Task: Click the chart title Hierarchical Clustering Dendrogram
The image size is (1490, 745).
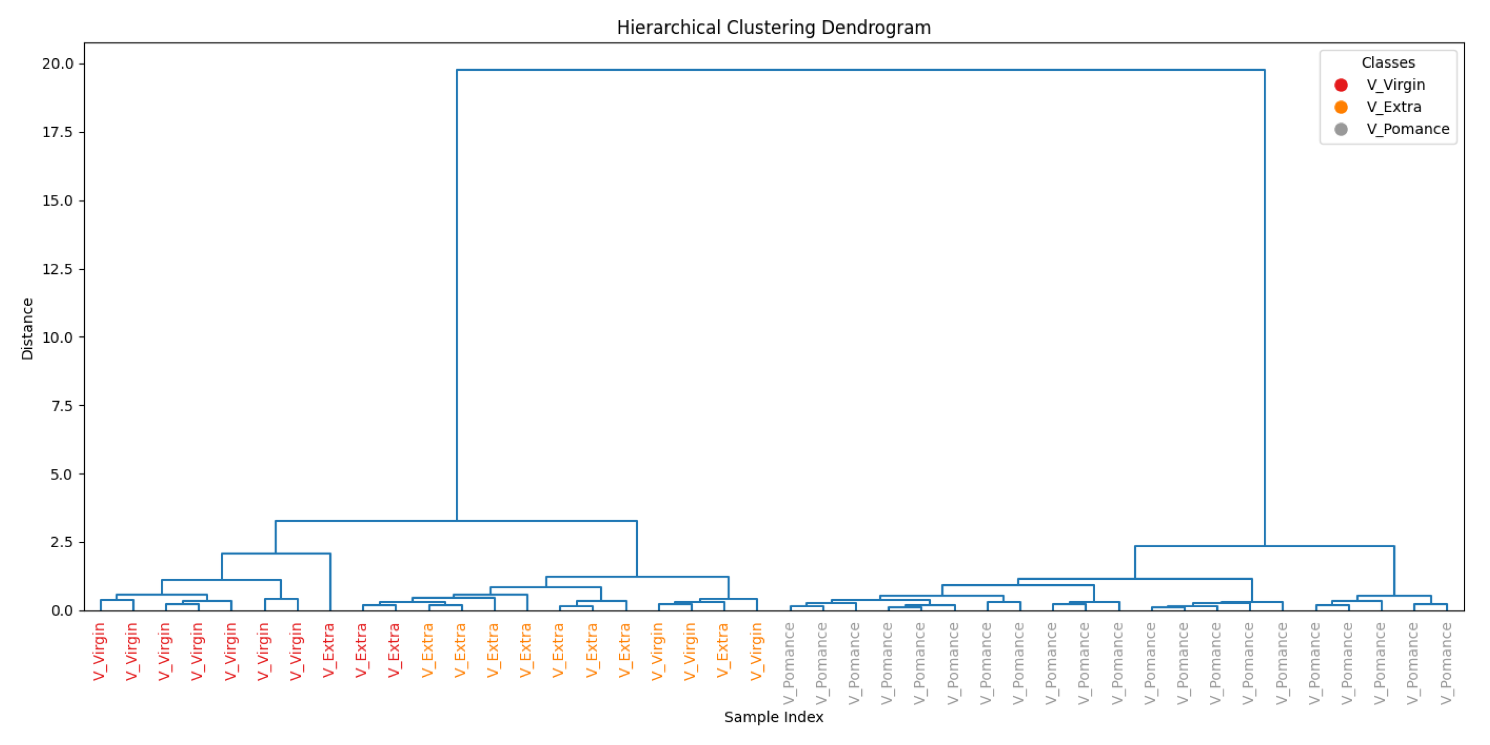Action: point(773,27)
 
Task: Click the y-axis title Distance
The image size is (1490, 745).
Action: point(27,329)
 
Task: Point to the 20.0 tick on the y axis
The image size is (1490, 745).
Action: point(58,64)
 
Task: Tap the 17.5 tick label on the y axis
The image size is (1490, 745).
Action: point(58,132)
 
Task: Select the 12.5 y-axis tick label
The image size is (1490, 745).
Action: point(58,269)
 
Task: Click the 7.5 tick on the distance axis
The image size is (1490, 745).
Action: point(62,406)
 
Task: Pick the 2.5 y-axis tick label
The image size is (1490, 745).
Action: point(62,543)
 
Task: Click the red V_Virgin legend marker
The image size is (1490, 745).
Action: point(1341,85)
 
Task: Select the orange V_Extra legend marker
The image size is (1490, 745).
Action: point(1341,107)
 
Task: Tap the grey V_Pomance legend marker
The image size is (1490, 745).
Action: point(1341,129)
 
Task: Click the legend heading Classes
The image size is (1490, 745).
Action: point(1387,62)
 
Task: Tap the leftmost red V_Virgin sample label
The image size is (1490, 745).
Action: point(99,651)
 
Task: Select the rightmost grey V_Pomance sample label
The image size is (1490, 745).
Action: point(1446,663)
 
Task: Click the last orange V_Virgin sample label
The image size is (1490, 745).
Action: point(756,651)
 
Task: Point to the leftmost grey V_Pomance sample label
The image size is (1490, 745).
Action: point(789,663)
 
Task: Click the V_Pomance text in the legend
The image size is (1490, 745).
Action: point(1408,129)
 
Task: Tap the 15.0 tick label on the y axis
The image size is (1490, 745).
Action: point(58,201)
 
